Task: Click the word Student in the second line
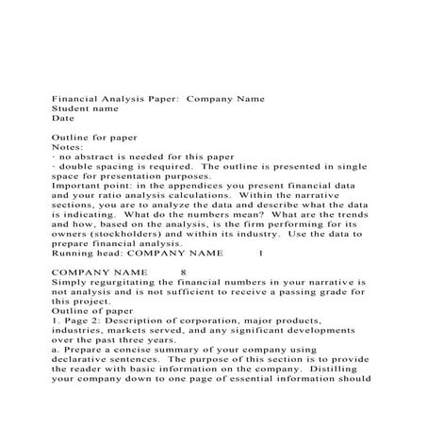pyautogui.click(x=68, y=107)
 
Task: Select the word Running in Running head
pyautogui.click(x=71, y=253)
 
